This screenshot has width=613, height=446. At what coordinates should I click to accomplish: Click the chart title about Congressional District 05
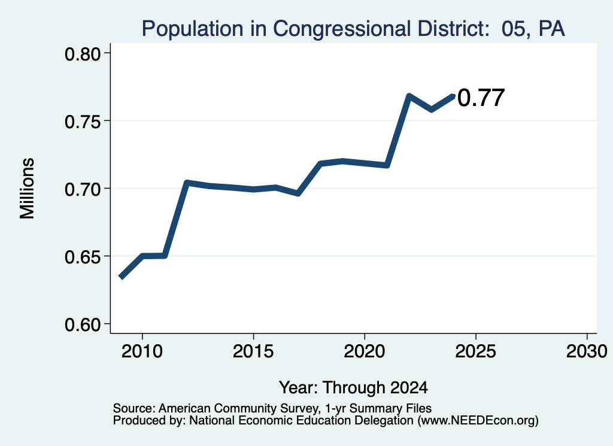[x=353, y=29]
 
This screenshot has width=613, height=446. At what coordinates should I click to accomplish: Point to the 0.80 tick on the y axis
[x=83, y=53]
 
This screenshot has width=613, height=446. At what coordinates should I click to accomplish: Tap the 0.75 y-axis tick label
[x=83, y=122]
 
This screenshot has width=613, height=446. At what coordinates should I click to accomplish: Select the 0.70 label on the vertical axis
[x=83, y=189]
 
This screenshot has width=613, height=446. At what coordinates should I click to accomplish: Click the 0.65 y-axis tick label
[x=83, y=257]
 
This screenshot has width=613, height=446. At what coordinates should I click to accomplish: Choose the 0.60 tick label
[x=83, y=324]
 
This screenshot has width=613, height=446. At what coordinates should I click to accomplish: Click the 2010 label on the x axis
[x=142, y=351]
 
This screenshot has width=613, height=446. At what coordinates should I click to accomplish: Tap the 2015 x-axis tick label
[x=253, y=351]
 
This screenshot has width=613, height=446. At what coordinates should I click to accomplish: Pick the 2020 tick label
[x=365, y=351]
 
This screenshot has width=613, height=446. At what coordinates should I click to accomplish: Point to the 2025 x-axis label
[x=475, y=351]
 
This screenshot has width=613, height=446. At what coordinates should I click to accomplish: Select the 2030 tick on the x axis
[x=587, y=351]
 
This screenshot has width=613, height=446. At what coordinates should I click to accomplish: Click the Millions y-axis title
[x=27, y=189]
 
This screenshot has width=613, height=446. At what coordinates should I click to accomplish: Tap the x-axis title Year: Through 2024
[x=353, y=387]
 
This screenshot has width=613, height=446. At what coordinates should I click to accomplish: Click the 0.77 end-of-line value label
[x=481, y=98]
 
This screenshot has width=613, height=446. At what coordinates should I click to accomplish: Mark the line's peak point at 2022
[x=409, y=96]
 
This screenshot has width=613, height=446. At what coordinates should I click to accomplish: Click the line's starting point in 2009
[x=121, y=278]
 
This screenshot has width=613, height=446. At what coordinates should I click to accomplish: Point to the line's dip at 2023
[x=431, y=109]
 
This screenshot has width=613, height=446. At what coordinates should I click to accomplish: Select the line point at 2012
[x=187, y=183]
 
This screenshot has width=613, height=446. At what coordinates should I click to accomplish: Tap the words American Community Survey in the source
[x=238, y=408]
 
